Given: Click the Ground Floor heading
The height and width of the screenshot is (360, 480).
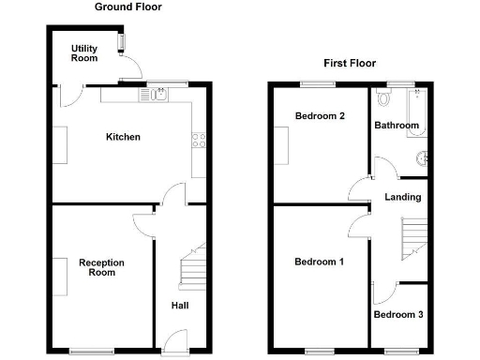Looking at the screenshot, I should [127, 7].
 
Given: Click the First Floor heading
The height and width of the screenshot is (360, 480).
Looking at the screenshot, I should [350, 64].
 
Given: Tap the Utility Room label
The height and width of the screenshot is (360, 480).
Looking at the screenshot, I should [84, 52].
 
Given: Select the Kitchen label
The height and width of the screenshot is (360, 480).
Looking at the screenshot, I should [123, 137].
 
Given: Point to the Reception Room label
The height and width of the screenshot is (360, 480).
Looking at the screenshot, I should [102, 267].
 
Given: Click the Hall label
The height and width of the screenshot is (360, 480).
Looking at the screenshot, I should [181, 306].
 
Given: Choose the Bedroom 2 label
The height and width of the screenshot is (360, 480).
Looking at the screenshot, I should [321, 116].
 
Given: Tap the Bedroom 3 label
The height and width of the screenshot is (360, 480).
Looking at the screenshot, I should [398, 315].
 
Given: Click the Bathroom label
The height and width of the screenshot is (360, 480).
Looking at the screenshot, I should [397, 125].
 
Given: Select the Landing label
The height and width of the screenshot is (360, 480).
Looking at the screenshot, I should [403, 197].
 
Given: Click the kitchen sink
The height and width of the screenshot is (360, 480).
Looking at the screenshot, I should [156, 94].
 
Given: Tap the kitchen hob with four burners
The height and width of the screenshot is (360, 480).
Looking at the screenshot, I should [199, 142].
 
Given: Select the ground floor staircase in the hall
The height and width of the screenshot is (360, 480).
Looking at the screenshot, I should [192, 267].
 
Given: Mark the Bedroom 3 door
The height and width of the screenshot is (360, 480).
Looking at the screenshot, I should [382, 293].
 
